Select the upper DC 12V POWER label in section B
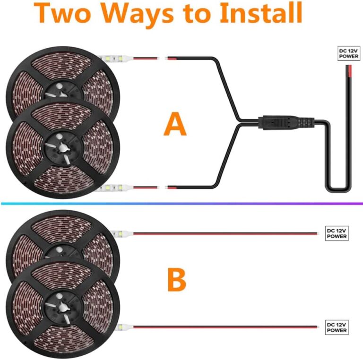(337, 233)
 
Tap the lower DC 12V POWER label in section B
(337, 327)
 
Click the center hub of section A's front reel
(61, 146)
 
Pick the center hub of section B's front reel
(61, 306)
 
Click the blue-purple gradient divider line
(181, 204)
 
